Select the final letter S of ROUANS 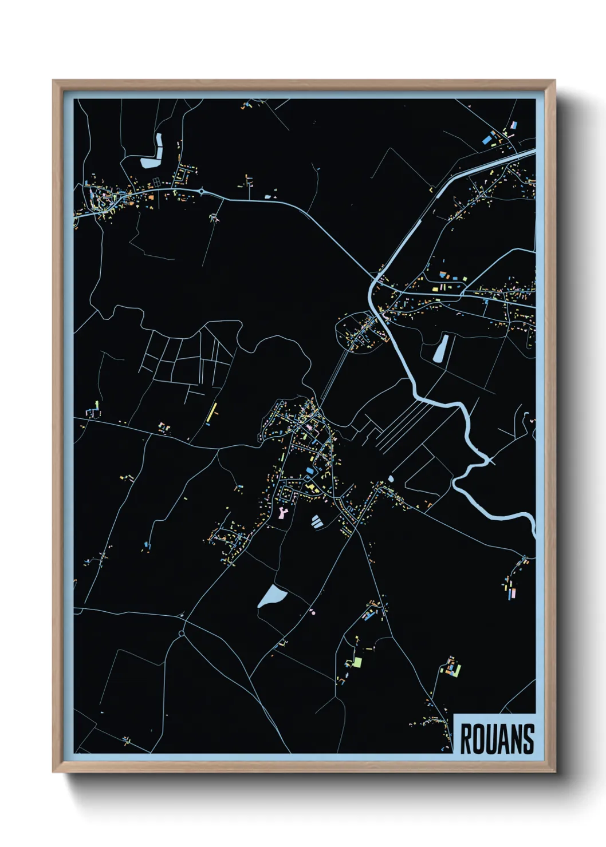[x=528, y=739]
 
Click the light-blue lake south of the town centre [x=273, y=597]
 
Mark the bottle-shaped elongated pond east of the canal [x=441, y=348]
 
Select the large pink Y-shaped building [x=282, y=512]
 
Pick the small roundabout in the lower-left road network [x=182, y=633]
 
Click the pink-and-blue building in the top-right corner [x=514, y=124]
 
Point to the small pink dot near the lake [x=312, y=612]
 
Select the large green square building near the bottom [x=358, y=662]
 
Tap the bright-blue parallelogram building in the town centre [x=310, y=470]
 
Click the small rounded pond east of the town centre [x=391, y=478]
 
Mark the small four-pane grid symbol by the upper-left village [x=156, y=181]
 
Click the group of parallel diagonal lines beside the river [x=401, y=426]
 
